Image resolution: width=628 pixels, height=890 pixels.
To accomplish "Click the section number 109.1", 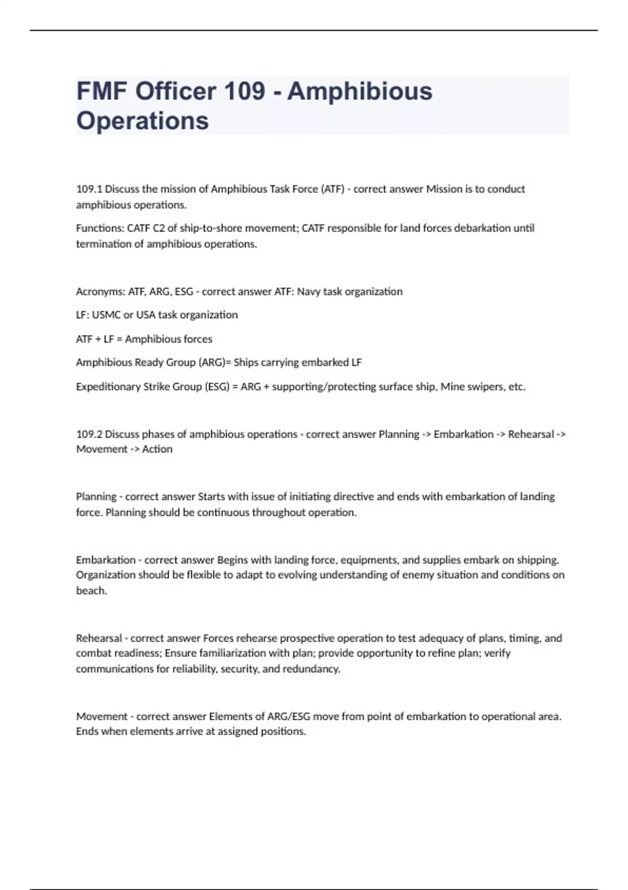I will pos(89,189).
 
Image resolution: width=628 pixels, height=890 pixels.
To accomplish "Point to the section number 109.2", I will pos(89,434).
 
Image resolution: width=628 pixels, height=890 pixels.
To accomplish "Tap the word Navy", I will pos(308,292).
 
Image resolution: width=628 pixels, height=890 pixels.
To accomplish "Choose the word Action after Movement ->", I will pos(157,449).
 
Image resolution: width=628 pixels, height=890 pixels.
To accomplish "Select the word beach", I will pos(91,591).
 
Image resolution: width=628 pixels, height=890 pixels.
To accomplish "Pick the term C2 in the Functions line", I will pos(159,228).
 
